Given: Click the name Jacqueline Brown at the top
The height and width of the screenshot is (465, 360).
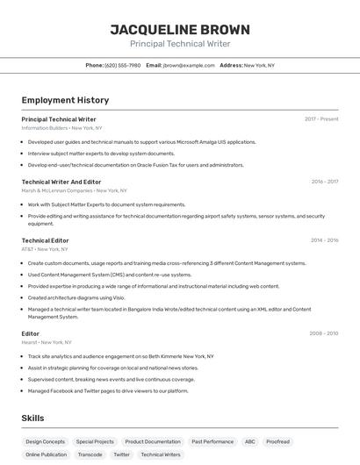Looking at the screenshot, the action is pyautogui.click(x=180, y=30).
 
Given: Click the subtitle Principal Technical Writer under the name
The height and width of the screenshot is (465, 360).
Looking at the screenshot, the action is pyautogui.click(x=180, y=44).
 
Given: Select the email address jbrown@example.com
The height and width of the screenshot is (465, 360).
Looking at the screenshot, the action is pyautogui.click(x=188, y=65).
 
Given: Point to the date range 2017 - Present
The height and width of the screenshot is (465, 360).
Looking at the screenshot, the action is pyautogui.click(x=321, y=119).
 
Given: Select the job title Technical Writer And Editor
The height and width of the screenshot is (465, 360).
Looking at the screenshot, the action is pyautogui.click(x=61, y=182).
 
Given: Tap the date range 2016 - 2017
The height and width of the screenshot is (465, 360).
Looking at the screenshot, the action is pyautogui.click(x=324, y=182).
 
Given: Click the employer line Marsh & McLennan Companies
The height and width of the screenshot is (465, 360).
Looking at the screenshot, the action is pyautogui.click(x=74, y=190).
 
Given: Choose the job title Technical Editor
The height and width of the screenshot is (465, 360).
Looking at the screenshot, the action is pyautogui.click(x=45, y=240).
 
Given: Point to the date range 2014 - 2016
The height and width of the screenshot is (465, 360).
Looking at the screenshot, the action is pyautogui.click(x=324, y=240).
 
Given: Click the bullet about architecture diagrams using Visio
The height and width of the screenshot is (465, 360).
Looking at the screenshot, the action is pyautogui.click(x=76, y=297).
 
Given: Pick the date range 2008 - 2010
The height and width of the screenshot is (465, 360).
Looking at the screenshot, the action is pyautogui.click(x=323, y=333).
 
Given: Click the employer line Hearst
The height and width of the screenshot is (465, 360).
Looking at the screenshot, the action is pyautogui.click(x=47, y=342).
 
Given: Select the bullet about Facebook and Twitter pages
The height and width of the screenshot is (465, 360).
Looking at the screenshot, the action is pyautogui.click(x=108, y=391).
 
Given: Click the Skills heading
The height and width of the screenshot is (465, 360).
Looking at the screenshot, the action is pyautogui.click(x=32, y=418).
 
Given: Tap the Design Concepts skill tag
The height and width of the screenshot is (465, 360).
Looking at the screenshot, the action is pyautogui.click(x=46, y=442).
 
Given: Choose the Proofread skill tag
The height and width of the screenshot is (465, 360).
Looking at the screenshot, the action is pyautogui.click(x=278, y=442).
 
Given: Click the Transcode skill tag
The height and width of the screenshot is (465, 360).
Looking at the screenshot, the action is pyautogui.click(x=90, y=454).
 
